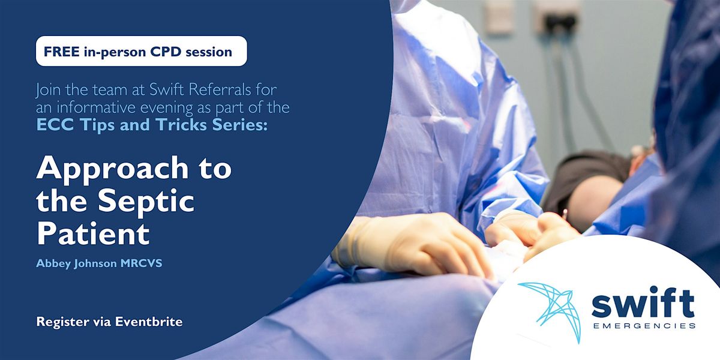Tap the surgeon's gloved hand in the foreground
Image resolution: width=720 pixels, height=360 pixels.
click(414, 243)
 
